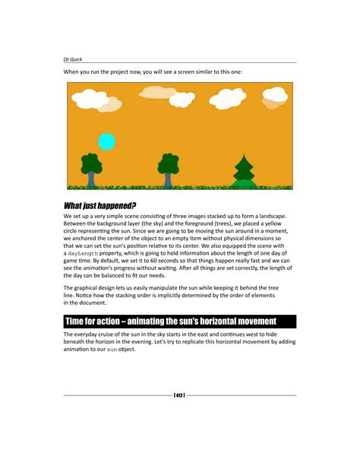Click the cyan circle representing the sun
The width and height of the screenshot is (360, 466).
(107, 141)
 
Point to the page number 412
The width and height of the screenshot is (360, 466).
(180, 395)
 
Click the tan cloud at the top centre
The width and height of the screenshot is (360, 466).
(157, 92)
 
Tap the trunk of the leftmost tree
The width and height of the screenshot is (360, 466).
(91, 179)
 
